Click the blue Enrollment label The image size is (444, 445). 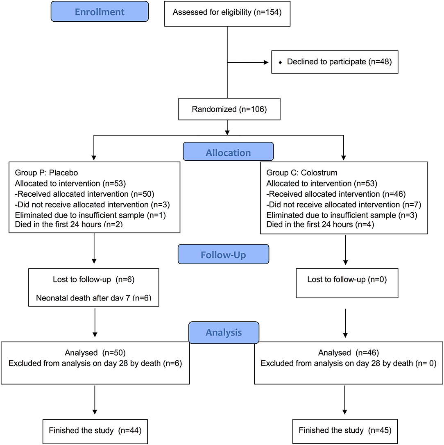100,11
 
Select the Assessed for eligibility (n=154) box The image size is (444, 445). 227,14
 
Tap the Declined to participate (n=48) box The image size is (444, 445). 335,62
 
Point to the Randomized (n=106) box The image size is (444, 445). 229,109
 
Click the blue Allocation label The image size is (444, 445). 229,152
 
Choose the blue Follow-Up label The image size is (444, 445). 224,254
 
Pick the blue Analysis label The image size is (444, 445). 224,332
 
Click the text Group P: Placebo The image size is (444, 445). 46,173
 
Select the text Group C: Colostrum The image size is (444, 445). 302,173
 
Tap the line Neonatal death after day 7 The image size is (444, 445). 94,298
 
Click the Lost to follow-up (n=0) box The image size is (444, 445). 347,283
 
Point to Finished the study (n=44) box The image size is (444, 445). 95,431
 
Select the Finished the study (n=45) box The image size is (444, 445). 345,431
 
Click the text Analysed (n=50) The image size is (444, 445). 95,352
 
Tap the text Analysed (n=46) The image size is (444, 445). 349,352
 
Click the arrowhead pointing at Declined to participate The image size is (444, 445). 266,62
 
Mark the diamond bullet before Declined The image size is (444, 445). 280,62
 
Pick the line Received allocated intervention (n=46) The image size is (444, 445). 336,194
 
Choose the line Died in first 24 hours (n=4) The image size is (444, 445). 320,224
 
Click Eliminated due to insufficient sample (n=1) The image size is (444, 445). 90,215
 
